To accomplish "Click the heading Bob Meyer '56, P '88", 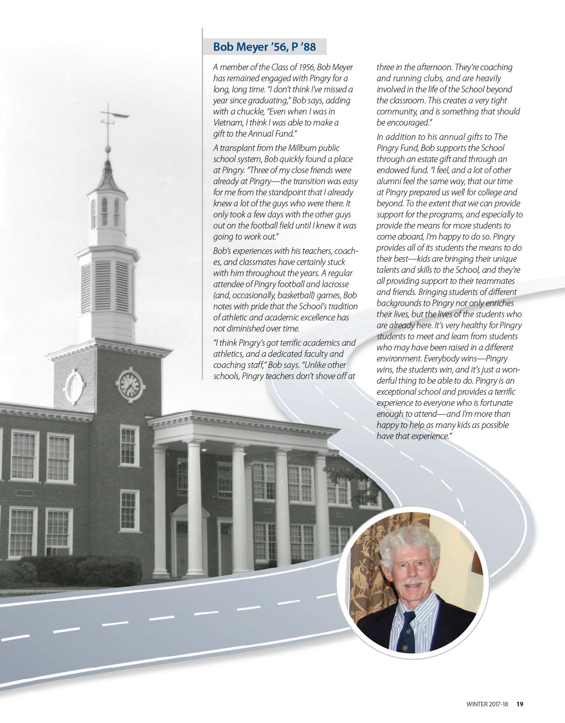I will coord(264,47).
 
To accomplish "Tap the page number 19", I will coord(520,704).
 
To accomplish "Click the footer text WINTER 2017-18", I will coord(487,704).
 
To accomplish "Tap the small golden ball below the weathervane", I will coord(108,149).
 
